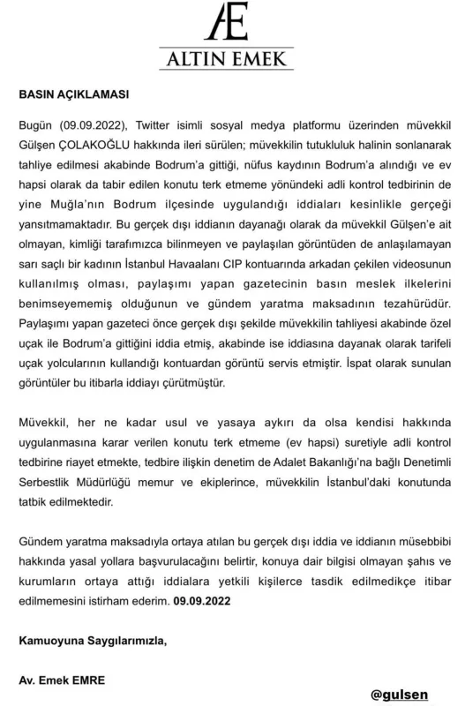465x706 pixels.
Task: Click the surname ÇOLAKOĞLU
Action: coord(102,143)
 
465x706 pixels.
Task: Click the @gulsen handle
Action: coord(399,695)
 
